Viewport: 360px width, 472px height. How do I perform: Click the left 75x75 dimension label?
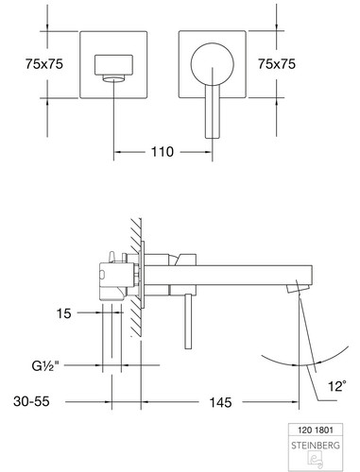(44, 64)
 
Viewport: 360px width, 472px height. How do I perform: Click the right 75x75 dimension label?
(277, 64)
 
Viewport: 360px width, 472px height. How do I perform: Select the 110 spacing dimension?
(163, 152)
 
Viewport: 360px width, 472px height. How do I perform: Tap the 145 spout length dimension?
(220, 402)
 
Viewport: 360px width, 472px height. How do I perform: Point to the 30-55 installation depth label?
(31, 401)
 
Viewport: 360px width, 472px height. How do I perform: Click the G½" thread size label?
(45, 366)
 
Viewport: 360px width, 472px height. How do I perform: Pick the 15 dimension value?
(64, 313)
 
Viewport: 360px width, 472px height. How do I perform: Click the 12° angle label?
(337, 386)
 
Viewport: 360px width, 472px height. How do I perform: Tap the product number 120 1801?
(316, 430)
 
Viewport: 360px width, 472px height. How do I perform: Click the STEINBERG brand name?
(316, 446)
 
